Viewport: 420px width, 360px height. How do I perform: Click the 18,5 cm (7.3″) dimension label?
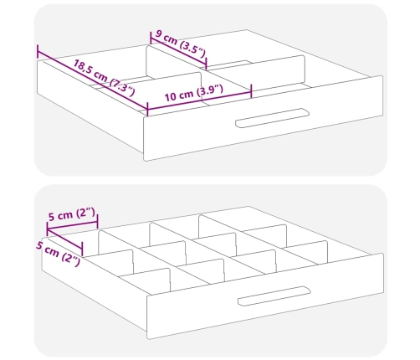[x=104, y=78]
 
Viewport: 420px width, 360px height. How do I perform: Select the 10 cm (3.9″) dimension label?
[x=194, y=93]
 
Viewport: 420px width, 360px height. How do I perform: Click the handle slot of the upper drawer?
[x=272, y=118]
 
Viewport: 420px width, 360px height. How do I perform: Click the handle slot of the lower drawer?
[x=274, y=296]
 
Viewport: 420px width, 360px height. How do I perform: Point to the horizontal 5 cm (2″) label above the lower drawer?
[x=72, y=214]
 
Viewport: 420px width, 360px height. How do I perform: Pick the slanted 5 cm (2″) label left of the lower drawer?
[x=58, y=254]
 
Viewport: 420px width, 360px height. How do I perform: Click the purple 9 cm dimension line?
[x=178, y=51]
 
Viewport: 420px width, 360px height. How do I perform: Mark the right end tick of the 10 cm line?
[x=251, y=91]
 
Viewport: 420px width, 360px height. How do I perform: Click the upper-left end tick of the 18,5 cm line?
[x=38, y=51]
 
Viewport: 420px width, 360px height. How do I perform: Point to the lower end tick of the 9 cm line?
[x=206, y=63]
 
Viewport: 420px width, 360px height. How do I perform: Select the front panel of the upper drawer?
[x=264, y=118]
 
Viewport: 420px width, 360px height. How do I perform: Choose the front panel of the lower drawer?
[x=265, y=296]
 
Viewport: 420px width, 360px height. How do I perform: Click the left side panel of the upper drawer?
[x=90, y=107]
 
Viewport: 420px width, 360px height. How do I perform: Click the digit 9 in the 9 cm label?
[x=158, y=34]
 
